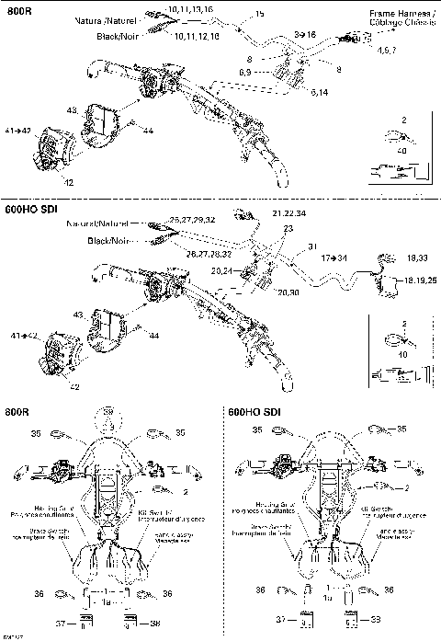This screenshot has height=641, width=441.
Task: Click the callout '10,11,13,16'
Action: pos(192,8)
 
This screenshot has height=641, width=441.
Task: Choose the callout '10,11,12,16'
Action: pos(196,36)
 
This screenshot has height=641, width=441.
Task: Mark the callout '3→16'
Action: pos(304,33)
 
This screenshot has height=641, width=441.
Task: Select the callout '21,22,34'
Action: pos(289,212)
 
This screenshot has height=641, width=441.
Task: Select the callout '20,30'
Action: pos(288,292)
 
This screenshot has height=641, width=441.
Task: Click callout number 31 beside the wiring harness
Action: pos(312,245)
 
